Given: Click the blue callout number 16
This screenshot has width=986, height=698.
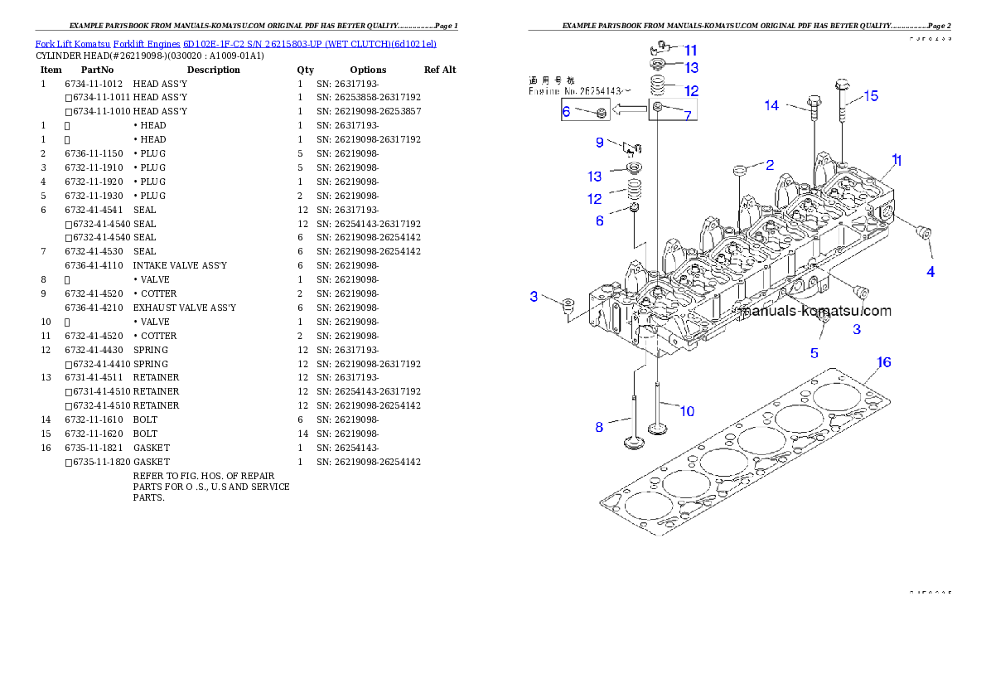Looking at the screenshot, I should pos(884,362).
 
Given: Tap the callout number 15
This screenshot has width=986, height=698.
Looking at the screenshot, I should pos(871,96).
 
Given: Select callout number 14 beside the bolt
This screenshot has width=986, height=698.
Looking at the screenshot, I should pos(771,105).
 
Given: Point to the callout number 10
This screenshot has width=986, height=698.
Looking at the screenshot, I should pos(687,410).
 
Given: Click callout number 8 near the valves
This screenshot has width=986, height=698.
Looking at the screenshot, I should pos(599,428).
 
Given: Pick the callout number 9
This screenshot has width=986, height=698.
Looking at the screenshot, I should pos(599,142).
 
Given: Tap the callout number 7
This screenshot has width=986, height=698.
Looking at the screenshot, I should pos(687,115).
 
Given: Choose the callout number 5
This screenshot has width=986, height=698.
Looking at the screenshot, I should pos(814,353).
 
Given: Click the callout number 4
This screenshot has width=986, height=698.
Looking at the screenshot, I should pos(930,272).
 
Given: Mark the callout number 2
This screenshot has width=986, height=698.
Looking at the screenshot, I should pos(770,165).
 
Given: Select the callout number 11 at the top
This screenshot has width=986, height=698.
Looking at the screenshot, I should pos(690,51).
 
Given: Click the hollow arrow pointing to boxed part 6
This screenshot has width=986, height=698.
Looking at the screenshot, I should pos(630,108).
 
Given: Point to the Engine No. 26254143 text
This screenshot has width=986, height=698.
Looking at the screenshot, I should pos(580,91).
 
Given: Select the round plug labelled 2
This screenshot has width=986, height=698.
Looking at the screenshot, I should pos(741,171).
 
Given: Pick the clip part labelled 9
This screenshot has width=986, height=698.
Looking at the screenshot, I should pos(634,148).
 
